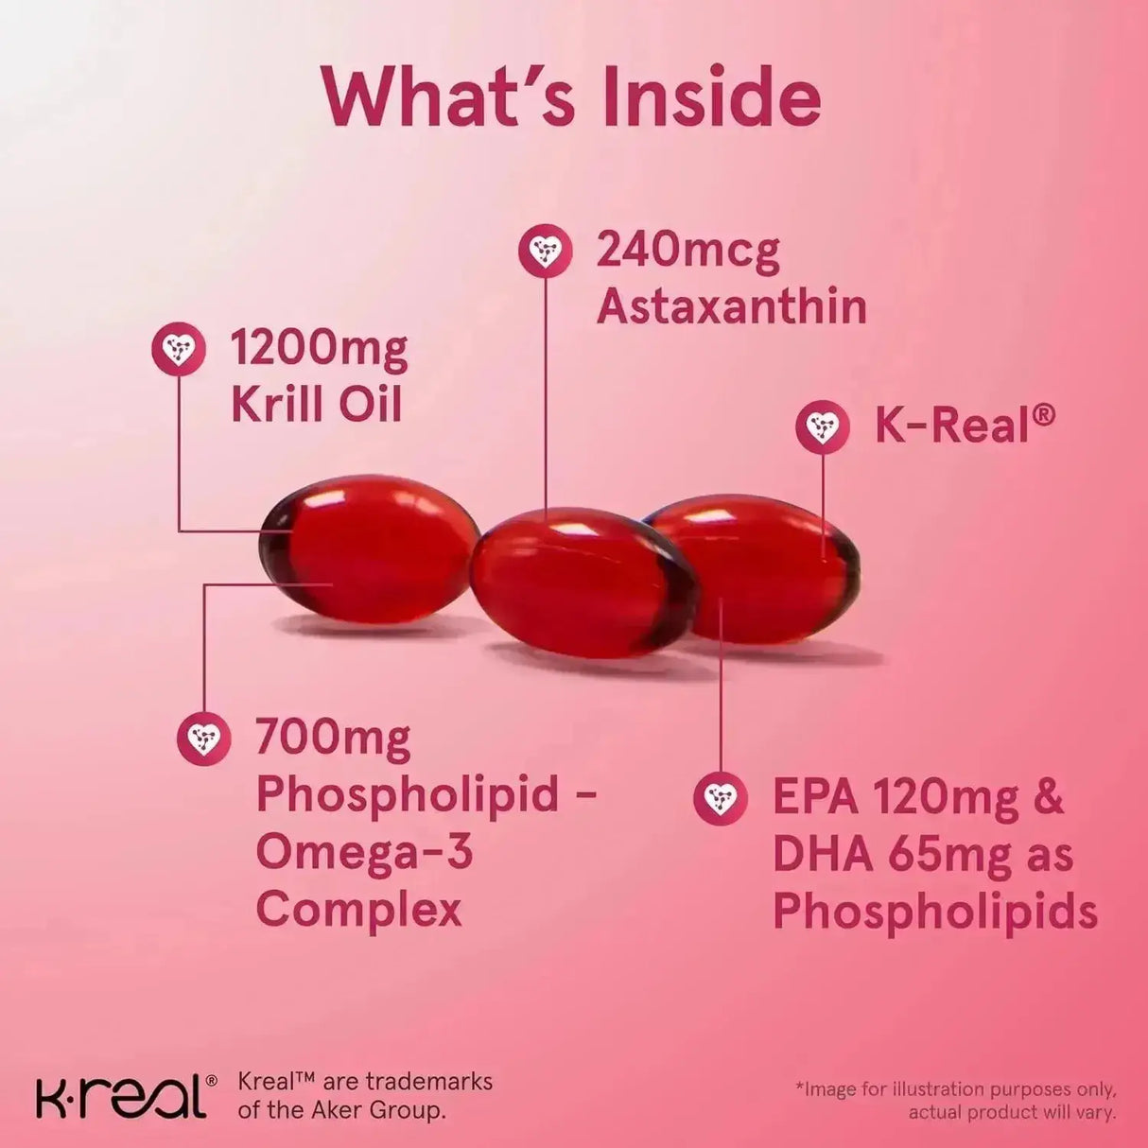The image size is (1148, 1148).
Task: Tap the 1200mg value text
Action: [319, 349]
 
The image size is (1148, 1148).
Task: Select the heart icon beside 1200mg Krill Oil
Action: [179, 349]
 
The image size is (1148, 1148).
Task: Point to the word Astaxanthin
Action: [732, 307]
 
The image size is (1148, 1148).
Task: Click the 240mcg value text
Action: [687, 251]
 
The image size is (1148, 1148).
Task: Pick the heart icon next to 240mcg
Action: [546, 251]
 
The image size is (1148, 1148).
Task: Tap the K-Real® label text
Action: [964, 425]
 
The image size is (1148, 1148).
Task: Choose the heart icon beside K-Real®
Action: [822, 426]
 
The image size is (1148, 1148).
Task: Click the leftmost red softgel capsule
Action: [369, 549]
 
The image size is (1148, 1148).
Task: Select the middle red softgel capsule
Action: [582, 582]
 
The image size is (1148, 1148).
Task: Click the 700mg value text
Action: [333, 739]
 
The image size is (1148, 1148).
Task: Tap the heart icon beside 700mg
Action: [204, 739]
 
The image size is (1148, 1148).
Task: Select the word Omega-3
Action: [364, 852]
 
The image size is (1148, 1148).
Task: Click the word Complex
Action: [358, 910]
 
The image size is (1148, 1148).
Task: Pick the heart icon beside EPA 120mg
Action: [721, 798]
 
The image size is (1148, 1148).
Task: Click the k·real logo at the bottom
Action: [121, 1096]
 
